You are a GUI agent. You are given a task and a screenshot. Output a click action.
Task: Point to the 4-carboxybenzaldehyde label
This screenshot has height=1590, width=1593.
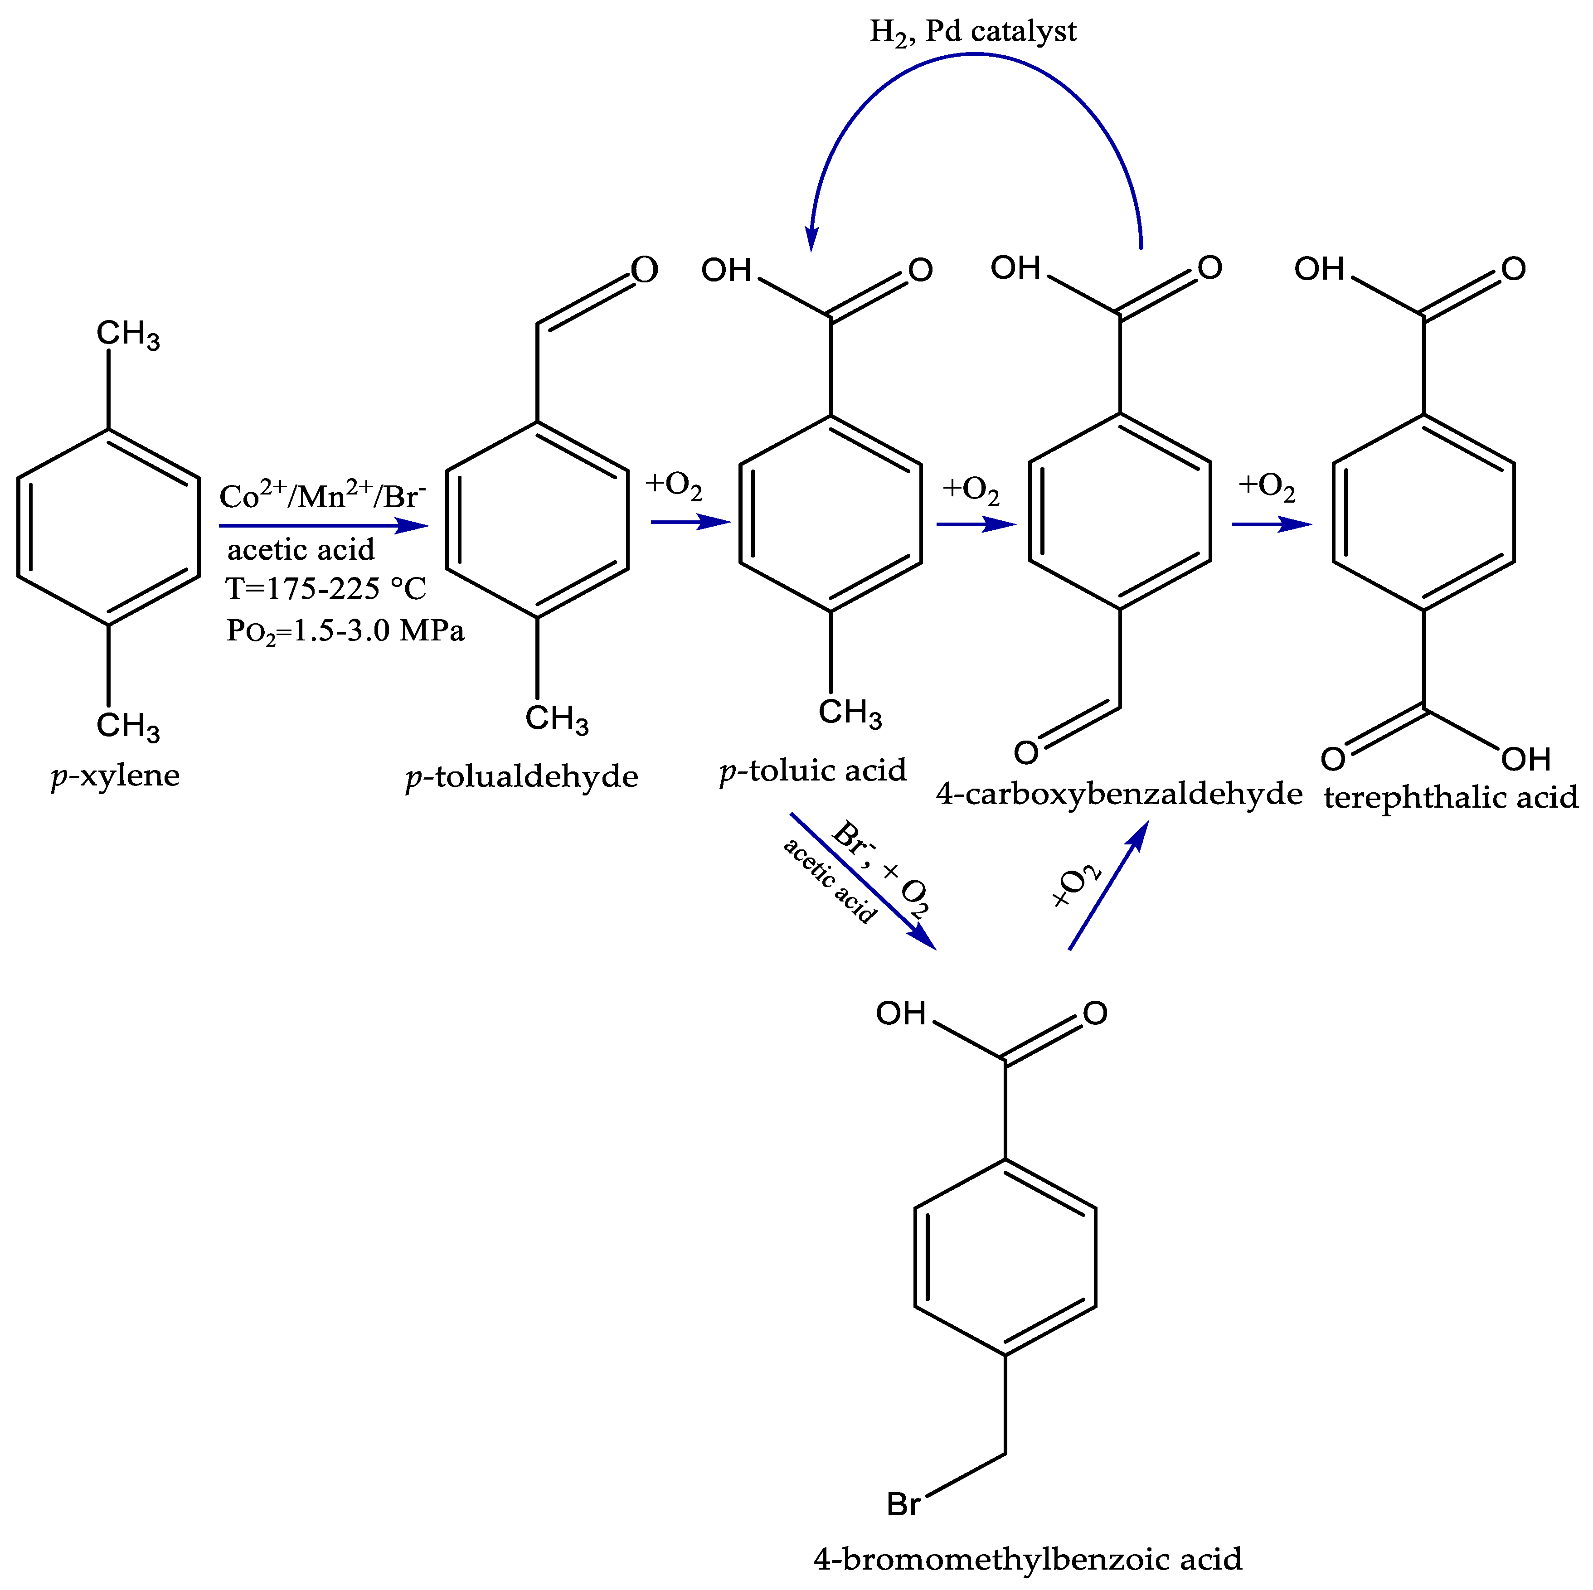point(1119,794)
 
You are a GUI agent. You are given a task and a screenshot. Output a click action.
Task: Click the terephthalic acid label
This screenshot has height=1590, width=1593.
point(1450,798)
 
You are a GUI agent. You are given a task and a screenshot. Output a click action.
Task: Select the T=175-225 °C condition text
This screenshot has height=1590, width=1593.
point(325,588)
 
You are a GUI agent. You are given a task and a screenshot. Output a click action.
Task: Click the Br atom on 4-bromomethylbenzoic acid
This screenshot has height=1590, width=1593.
point(903,1504)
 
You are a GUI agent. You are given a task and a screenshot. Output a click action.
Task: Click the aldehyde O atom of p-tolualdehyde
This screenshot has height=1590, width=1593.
point(645,270)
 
